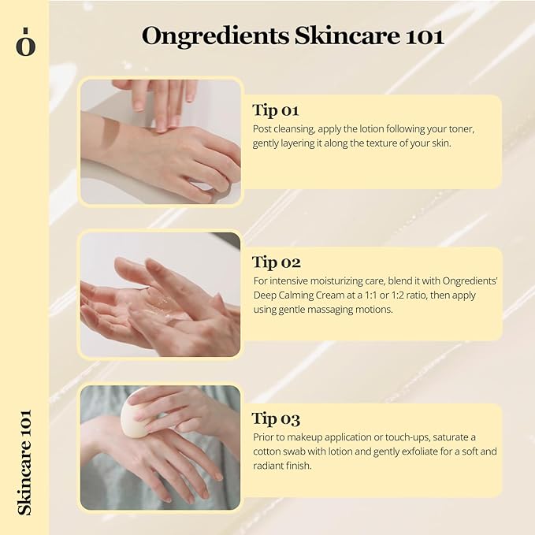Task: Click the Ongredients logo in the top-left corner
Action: click(25, 43)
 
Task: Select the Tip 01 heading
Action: click(276, 110)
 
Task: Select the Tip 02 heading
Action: click(277, 262)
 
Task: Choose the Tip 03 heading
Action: click(277, 418)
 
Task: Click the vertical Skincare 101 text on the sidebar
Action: click(24, 462)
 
